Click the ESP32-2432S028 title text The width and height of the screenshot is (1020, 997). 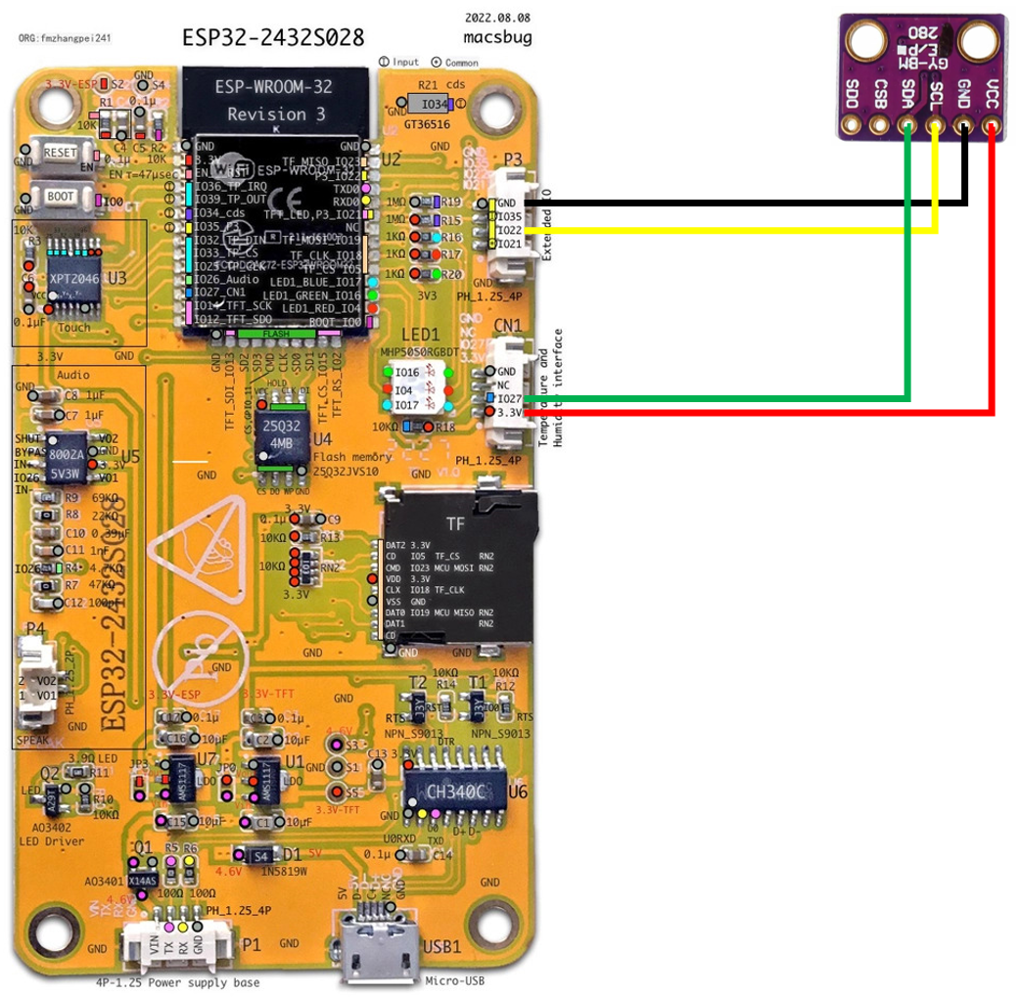click(x=273, y=37)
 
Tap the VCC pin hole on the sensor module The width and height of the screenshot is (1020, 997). click(x=994, y=126)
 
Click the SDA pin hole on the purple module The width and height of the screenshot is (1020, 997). click(x=909, y=126)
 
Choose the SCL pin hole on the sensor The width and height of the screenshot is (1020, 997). click(x=937, y=126)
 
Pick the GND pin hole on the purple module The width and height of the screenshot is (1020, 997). click(x=965, y=126)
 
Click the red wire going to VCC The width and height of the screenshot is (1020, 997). click(x=994, y=294)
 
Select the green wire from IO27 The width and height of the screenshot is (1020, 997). click(x=908, y=294)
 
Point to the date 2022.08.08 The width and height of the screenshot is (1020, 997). click(x=496, y=19)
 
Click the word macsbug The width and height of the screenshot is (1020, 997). click(x=497, y=37)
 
